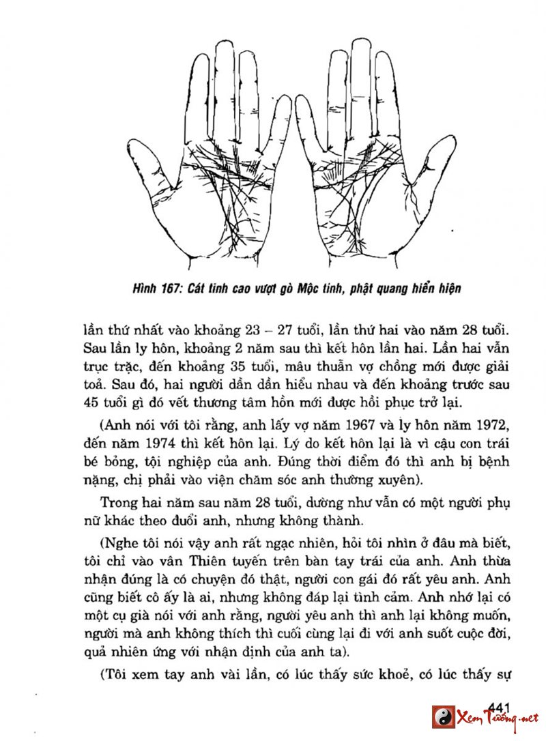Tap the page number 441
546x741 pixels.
[500, 707]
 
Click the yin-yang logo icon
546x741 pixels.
[444, 717]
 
